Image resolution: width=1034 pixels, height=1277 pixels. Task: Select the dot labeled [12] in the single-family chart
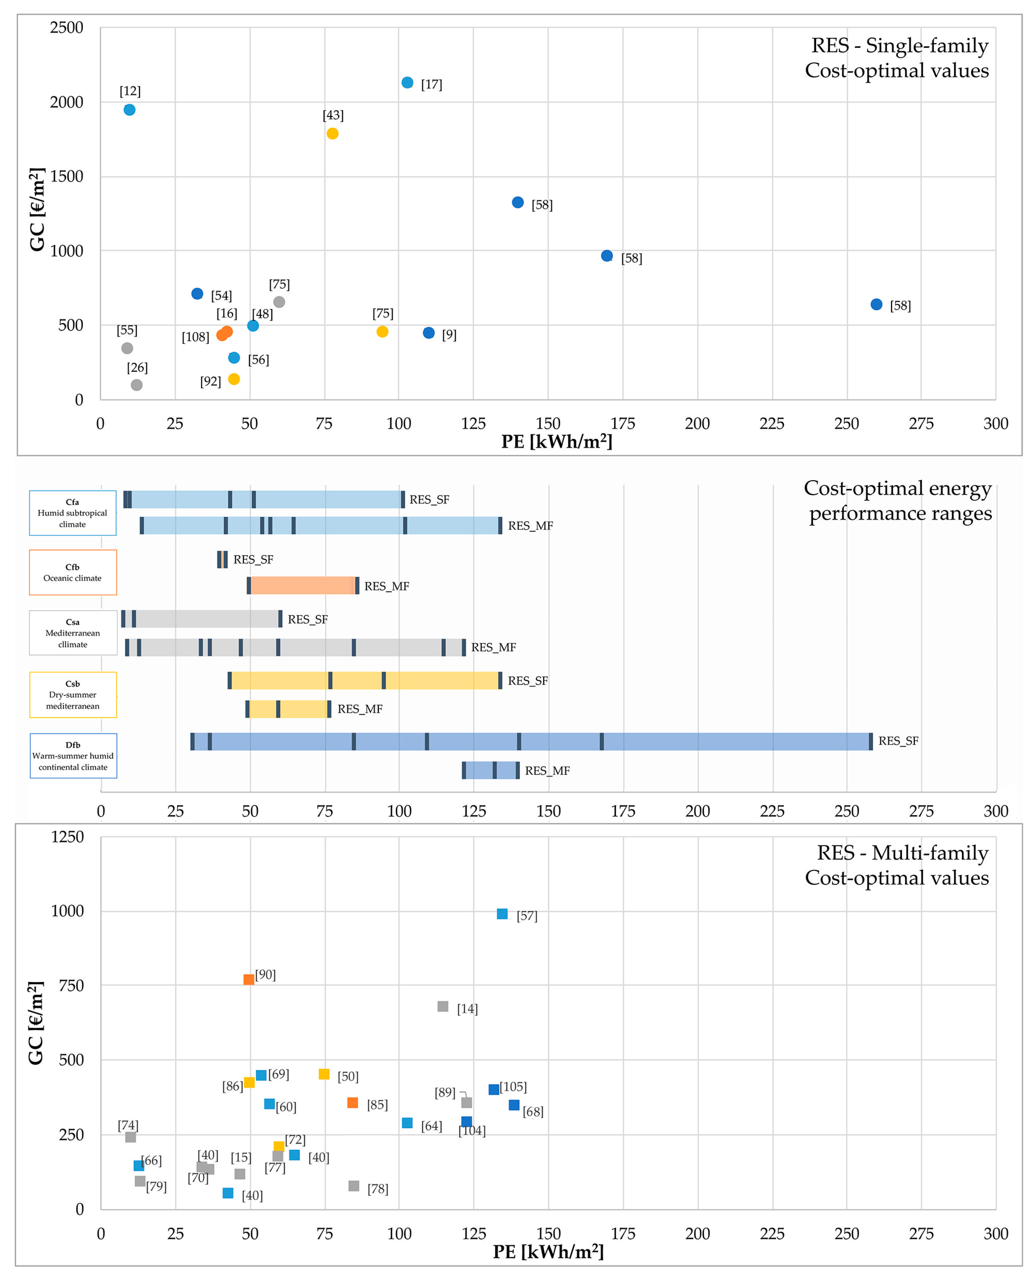coord(129,110)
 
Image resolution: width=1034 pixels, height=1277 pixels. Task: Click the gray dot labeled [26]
coord(136,385)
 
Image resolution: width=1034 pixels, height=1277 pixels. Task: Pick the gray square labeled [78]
coord(354,1186)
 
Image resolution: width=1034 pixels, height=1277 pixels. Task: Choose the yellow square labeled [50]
coord(324,1074)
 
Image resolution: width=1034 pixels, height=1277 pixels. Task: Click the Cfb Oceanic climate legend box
coord(73,572)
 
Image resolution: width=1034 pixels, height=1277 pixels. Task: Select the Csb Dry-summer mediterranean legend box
coord(73,695)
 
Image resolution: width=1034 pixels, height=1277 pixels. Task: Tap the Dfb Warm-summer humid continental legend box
coord(73,756)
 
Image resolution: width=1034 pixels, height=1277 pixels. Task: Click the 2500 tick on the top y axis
coord(67,28)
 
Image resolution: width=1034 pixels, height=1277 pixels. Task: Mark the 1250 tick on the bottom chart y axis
coord(67,837)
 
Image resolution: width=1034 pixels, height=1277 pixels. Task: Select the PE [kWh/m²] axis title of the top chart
coord(556,441)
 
